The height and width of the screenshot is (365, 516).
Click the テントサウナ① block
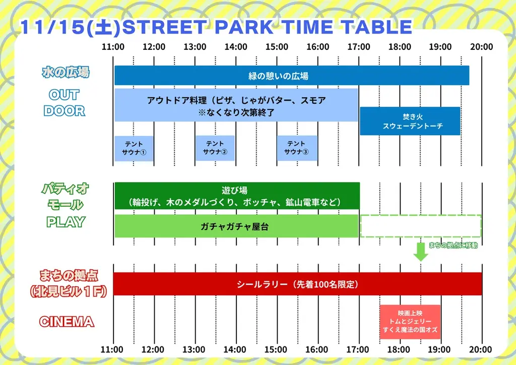(x=134, y=148)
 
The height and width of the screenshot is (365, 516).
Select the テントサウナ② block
(x=215, y=148)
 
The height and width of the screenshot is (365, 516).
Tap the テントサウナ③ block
(x=297, y=148)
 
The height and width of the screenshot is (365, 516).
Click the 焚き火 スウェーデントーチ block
(x=409, y=121)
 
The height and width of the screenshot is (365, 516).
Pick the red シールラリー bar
(x=297, y=284)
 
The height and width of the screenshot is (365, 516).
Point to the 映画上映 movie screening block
(x=410, y=322)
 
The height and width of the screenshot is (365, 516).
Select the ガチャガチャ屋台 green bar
(x=236, y=226)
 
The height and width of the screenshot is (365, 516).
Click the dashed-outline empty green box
(x=421, y=226)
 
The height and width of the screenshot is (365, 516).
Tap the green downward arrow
(x=421, y=252)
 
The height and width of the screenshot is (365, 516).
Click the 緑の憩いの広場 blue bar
(x=291, y=76)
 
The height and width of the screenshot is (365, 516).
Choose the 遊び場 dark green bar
(x=236, y=196)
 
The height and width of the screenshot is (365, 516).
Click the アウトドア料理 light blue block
(x=236, y=105)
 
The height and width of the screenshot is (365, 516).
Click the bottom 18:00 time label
(x=399, y=349)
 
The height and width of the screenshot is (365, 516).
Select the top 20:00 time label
(x=482, y=47)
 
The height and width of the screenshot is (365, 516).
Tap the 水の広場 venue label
(x=66, y=73)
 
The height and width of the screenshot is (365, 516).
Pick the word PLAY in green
(x=66, y=222)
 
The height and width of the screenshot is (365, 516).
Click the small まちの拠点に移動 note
(x=453, y=246)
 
